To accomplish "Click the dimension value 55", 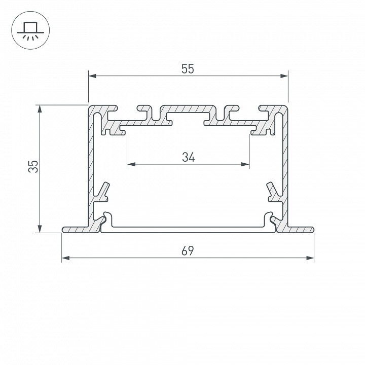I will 188,69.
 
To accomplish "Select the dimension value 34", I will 188,157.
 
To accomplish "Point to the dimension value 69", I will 188,250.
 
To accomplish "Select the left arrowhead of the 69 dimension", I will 65,258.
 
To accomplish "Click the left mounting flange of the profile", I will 76,230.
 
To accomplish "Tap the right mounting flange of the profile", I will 299,230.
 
